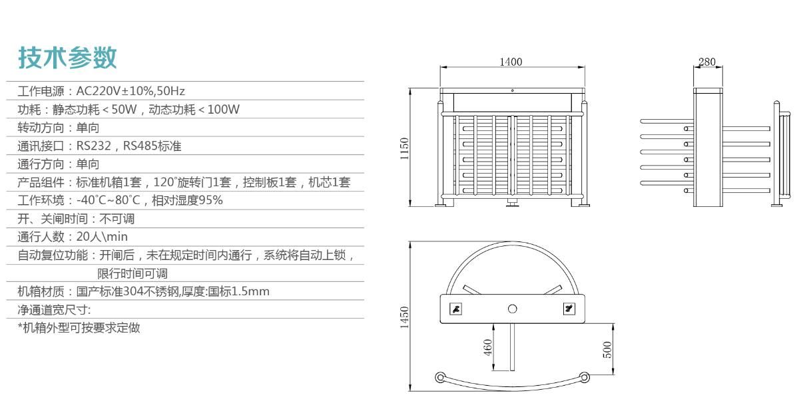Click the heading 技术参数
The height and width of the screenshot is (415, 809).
[67, 57]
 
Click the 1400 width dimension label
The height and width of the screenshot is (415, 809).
[511, 62]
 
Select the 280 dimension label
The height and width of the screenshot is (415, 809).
[706, 62]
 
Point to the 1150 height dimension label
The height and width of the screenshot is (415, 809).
[404, 148]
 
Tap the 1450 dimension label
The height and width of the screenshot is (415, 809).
[404, 317]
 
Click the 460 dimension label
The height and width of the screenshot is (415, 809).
[487, 347]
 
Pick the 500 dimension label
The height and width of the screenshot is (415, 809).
[607, 349]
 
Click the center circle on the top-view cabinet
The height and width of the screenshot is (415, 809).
[512, 309]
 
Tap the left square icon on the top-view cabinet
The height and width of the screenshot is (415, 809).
[456, 309]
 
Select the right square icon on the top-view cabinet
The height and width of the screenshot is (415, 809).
[569, 309]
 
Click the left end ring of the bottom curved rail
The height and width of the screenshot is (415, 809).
[440, 378]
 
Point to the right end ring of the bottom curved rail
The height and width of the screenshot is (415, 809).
[585, 378]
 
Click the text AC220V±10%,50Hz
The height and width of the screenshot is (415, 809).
[131, 91]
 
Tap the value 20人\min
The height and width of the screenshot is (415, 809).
[102, 237]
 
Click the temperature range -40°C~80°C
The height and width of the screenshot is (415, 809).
[108, 200]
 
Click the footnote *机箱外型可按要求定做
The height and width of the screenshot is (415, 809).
[79, 328]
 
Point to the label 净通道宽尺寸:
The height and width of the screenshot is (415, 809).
[54, 310]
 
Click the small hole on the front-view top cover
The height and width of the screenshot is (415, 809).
[512, 90]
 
